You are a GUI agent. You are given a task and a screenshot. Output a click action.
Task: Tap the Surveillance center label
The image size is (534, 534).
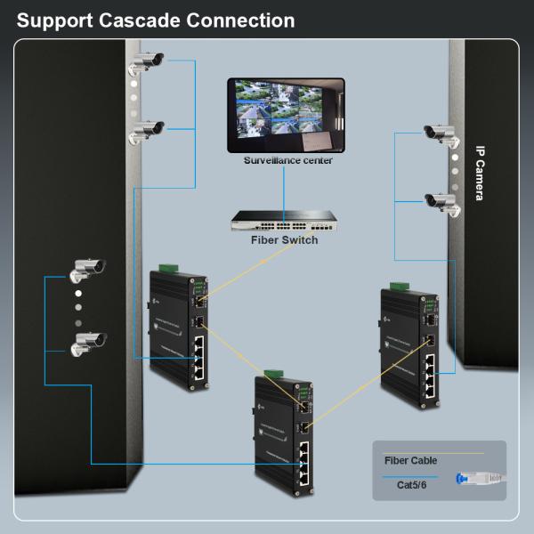point(287,160)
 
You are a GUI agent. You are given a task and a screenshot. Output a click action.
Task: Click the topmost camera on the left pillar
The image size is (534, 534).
point(148,63)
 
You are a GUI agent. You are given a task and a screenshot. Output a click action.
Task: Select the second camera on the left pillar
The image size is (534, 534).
point(148,132)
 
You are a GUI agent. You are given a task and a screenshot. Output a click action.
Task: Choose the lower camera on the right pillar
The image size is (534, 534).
point(441,202)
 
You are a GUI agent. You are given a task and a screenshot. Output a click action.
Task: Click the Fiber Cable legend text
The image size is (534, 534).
point(410,460)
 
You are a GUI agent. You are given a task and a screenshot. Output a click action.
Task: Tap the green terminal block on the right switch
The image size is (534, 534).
point(395,286)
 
